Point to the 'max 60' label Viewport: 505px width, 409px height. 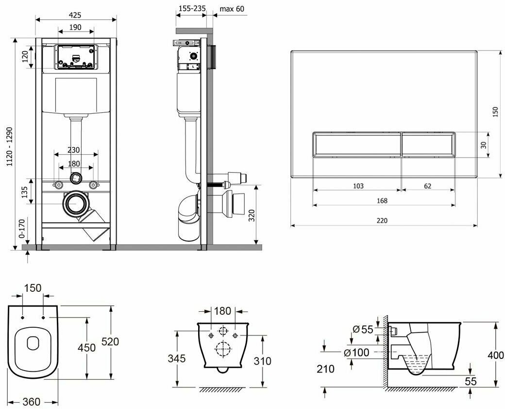pos(232,9)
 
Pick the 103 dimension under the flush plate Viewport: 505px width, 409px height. pos(357,186)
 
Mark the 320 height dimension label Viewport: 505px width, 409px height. pos(252,214)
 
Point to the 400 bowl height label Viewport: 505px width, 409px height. pos(496,356)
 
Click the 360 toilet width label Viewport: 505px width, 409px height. pos(31,402)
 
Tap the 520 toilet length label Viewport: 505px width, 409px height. pos(110,342)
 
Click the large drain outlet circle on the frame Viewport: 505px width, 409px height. pos(75,204)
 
